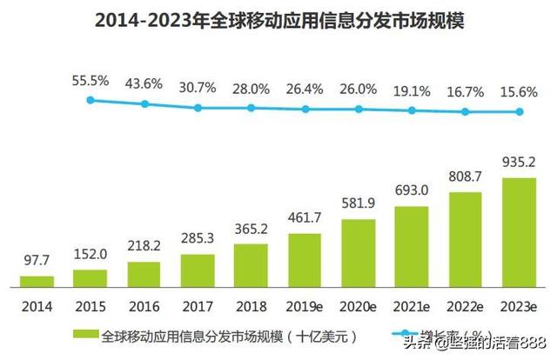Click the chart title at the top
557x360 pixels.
(278, 20)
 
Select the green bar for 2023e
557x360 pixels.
(519, 232)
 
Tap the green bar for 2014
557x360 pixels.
(37, 281)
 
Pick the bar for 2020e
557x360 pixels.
(358, 252)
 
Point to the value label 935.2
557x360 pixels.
(520, 162)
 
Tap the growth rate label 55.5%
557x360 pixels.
(91, 81)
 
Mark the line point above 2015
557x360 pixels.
(90, 100)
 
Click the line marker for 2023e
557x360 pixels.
(520, 111)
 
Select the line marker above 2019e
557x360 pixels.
(305, 109)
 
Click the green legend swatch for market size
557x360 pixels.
(87, 335)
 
